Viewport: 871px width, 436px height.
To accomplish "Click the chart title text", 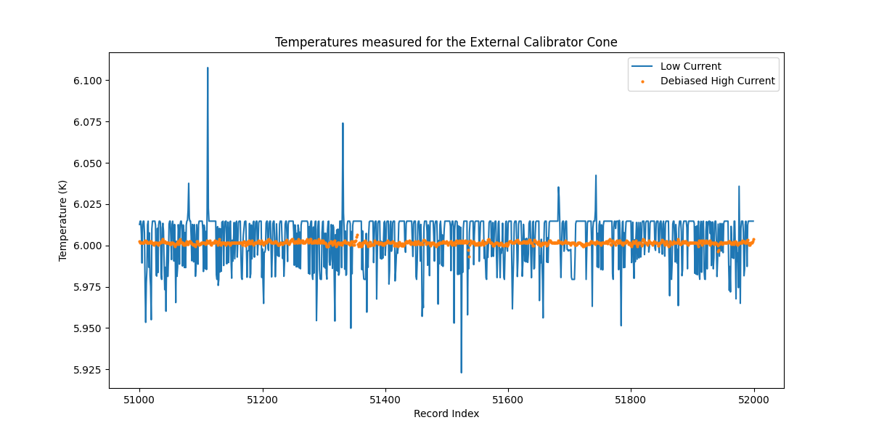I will tap(446, 42).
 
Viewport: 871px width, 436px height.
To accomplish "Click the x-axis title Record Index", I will tap(446, 413).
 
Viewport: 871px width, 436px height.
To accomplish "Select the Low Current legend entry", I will tap(690, 66).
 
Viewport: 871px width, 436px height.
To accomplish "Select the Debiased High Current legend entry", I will tap(717, 81).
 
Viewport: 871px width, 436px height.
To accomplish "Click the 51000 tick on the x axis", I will tap(139, 399).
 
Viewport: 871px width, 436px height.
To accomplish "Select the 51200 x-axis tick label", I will tap(262, 399).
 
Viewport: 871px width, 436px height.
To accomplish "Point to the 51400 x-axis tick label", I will tap(385, 399).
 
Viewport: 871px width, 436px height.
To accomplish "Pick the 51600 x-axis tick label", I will tap(507, 399).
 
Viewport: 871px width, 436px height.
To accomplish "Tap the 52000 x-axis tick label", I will tap(753, 399).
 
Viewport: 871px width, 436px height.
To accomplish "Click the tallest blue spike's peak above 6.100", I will tap(208, 68).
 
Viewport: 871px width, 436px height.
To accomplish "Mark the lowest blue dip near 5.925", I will tap(461, 372).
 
